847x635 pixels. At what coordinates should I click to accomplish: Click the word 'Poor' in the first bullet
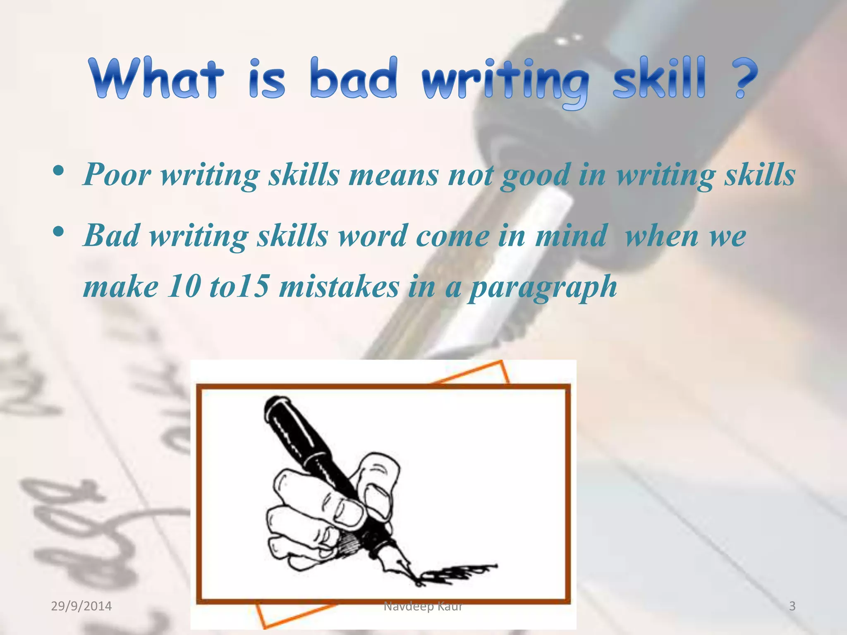tap(117, 175)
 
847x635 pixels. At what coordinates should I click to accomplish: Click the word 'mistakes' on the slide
tap(339, 286)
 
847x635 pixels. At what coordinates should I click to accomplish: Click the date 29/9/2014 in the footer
tap(81, 606)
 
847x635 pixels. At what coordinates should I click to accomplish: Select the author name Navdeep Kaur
tap(423, 606)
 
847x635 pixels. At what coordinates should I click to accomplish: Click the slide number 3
tap(792, 606)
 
